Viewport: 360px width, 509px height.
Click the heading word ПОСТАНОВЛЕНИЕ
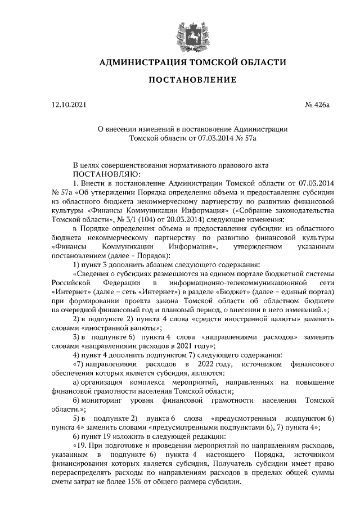[192, 79]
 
